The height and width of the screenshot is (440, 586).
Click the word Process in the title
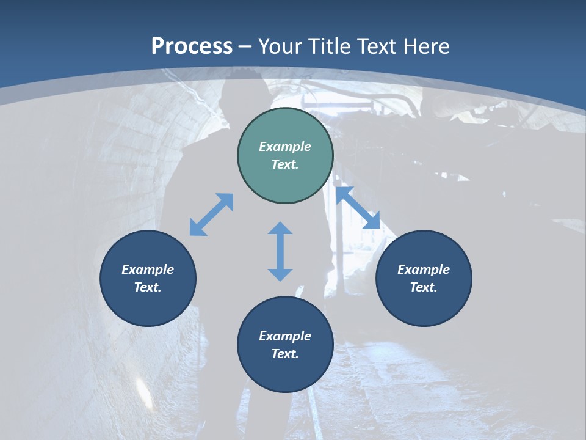coord(192,46)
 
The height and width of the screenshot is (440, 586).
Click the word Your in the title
coord(281,46)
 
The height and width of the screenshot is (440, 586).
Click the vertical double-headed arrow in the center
coord(280,251)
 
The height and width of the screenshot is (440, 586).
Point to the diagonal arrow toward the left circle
coord(211,215)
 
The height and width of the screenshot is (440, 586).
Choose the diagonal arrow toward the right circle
coord(358,208)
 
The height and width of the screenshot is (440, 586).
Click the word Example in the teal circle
coord(285,147)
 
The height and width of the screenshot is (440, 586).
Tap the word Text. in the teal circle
coord(285,164)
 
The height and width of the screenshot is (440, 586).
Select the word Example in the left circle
coord(148,269)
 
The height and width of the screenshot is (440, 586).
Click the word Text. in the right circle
coord(424,287)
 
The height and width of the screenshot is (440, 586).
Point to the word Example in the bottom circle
coord(285,336)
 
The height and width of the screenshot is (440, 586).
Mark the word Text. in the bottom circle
coord(285,354)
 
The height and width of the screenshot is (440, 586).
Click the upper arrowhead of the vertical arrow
coord(280,229)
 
